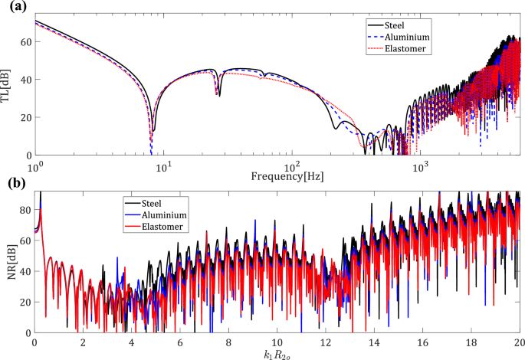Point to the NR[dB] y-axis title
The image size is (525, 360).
coord(8,263)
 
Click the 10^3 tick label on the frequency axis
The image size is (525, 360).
coord(419,165)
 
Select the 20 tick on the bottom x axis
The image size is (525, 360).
coord(519,342)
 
